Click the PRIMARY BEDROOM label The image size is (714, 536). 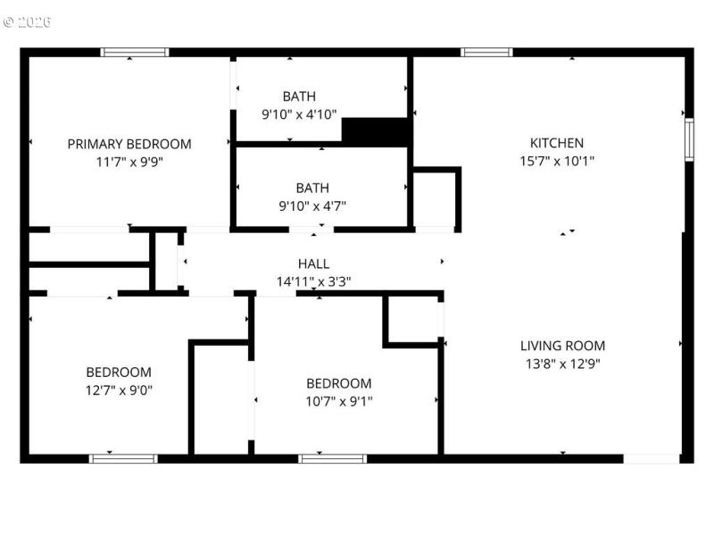pyautogui.click(x=129, y=144)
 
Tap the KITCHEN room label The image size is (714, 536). pyautogui.click(x=557, y=143)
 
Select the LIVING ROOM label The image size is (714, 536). pyautogui.click(x=562, y=346)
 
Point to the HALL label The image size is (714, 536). pyautogui.click(x=313, y=264)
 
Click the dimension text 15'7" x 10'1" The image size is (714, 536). pyautogui.click(x=557, y=162)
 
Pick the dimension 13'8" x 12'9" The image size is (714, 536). pyautogui.click(x=562, y=364)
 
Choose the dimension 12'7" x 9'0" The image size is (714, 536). pyautogui.click(x=119, y=390)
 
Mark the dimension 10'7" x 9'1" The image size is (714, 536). pyautogui.click(x=338, y=401)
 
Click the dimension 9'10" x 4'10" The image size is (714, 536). pyautogui.click(x=299, y=114)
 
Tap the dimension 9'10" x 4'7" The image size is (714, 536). pyautogui.click(x=312, y=205)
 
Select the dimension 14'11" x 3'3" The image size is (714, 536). pyautogui.click(x=313, y=281)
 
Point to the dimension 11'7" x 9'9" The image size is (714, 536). pyautogui.click(x=129, y=163)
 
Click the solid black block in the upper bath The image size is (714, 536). pyautogui.click(x=376, y=131)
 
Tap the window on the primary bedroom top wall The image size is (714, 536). pyautogui.click(x=135, y=52)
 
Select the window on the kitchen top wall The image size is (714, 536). pyautogui.click(x=486, y=52)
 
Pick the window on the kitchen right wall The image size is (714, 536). pyautogui.click(x=688, y=140)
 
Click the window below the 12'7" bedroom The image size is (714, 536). pyautogui.click(x=123, y=458)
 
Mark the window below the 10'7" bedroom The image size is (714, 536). pyautogui.click(x=332, y=458)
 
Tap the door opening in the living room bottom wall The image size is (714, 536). pyautogui.click(x=651, y=458)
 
